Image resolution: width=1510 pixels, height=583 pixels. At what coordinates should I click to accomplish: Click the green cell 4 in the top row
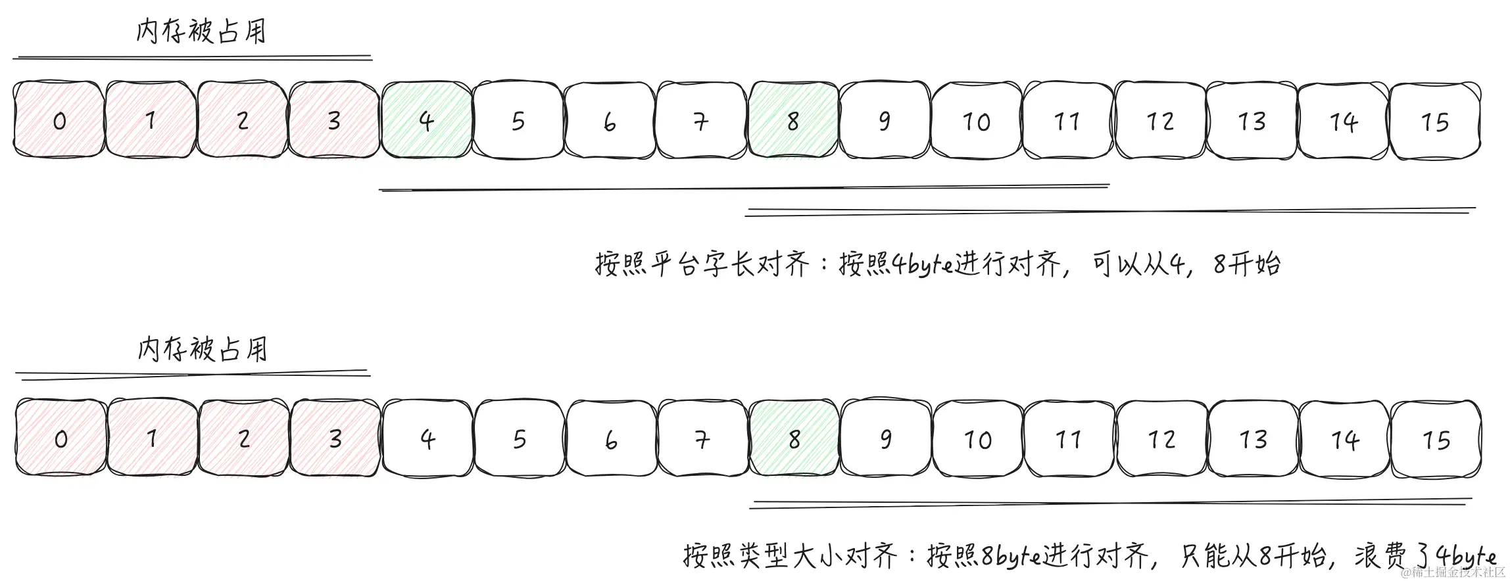[426, 120]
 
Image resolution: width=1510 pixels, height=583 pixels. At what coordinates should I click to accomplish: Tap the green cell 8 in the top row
[793, 120]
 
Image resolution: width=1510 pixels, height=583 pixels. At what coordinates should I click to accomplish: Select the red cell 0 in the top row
[59, 120]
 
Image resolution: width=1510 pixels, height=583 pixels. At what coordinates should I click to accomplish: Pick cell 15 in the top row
[1434, 122]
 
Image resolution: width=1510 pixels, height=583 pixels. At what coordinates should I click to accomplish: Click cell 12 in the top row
[1159, 122]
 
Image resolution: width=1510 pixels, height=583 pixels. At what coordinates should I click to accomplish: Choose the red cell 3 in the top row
[334, 120]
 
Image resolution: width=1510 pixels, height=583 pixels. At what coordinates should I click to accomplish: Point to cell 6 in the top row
[610, 122]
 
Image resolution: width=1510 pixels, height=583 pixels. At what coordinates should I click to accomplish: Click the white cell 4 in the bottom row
[427, 438]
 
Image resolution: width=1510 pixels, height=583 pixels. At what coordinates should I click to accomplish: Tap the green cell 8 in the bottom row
[794, 438]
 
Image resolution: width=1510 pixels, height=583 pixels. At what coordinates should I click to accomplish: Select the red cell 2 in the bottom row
[243, 438]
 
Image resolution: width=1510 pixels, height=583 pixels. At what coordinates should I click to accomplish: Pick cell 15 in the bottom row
[1436, 440]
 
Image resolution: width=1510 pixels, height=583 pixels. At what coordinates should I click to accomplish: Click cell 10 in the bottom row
[977, 440]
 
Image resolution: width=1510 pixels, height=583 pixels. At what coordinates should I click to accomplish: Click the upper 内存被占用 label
[201, 31]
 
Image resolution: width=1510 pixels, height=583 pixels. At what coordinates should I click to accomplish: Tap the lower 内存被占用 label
[203, 349]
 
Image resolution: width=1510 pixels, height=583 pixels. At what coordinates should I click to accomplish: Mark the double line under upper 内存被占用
[192, 58]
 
